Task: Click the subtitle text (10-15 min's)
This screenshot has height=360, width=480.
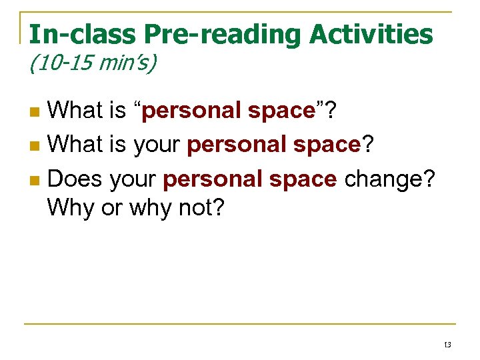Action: click(x=92, y=65)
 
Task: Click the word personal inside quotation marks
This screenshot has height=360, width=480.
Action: click(x=193, y=110)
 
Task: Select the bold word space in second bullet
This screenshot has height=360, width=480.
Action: click(x=322, y=144)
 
